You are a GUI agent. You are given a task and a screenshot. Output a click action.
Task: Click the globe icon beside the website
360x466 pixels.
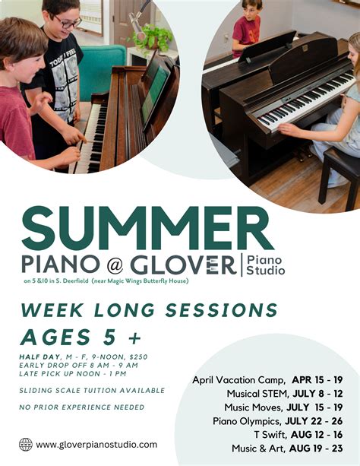pos(26,445)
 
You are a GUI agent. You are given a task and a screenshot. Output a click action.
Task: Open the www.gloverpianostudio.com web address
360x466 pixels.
pos(96,445)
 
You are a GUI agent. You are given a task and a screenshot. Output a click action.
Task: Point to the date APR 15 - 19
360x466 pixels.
pos(317,379)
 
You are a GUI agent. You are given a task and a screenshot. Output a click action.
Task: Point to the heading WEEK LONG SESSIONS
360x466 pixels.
pos(149,310)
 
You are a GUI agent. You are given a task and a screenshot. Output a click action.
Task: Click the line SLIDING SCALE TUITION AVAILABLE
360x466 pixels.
pos(92,390)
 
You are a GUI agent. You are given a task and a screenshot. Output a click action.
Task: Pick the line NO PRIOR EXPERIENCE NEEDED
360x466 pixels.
pos(82,407)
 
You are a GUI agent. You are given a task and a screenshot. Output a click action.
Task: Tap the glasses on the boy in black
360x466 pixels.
pos(68,22)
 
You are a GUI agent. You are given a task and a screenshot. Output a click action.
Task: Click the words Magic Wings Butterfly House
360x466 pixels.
pos(152,281)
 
